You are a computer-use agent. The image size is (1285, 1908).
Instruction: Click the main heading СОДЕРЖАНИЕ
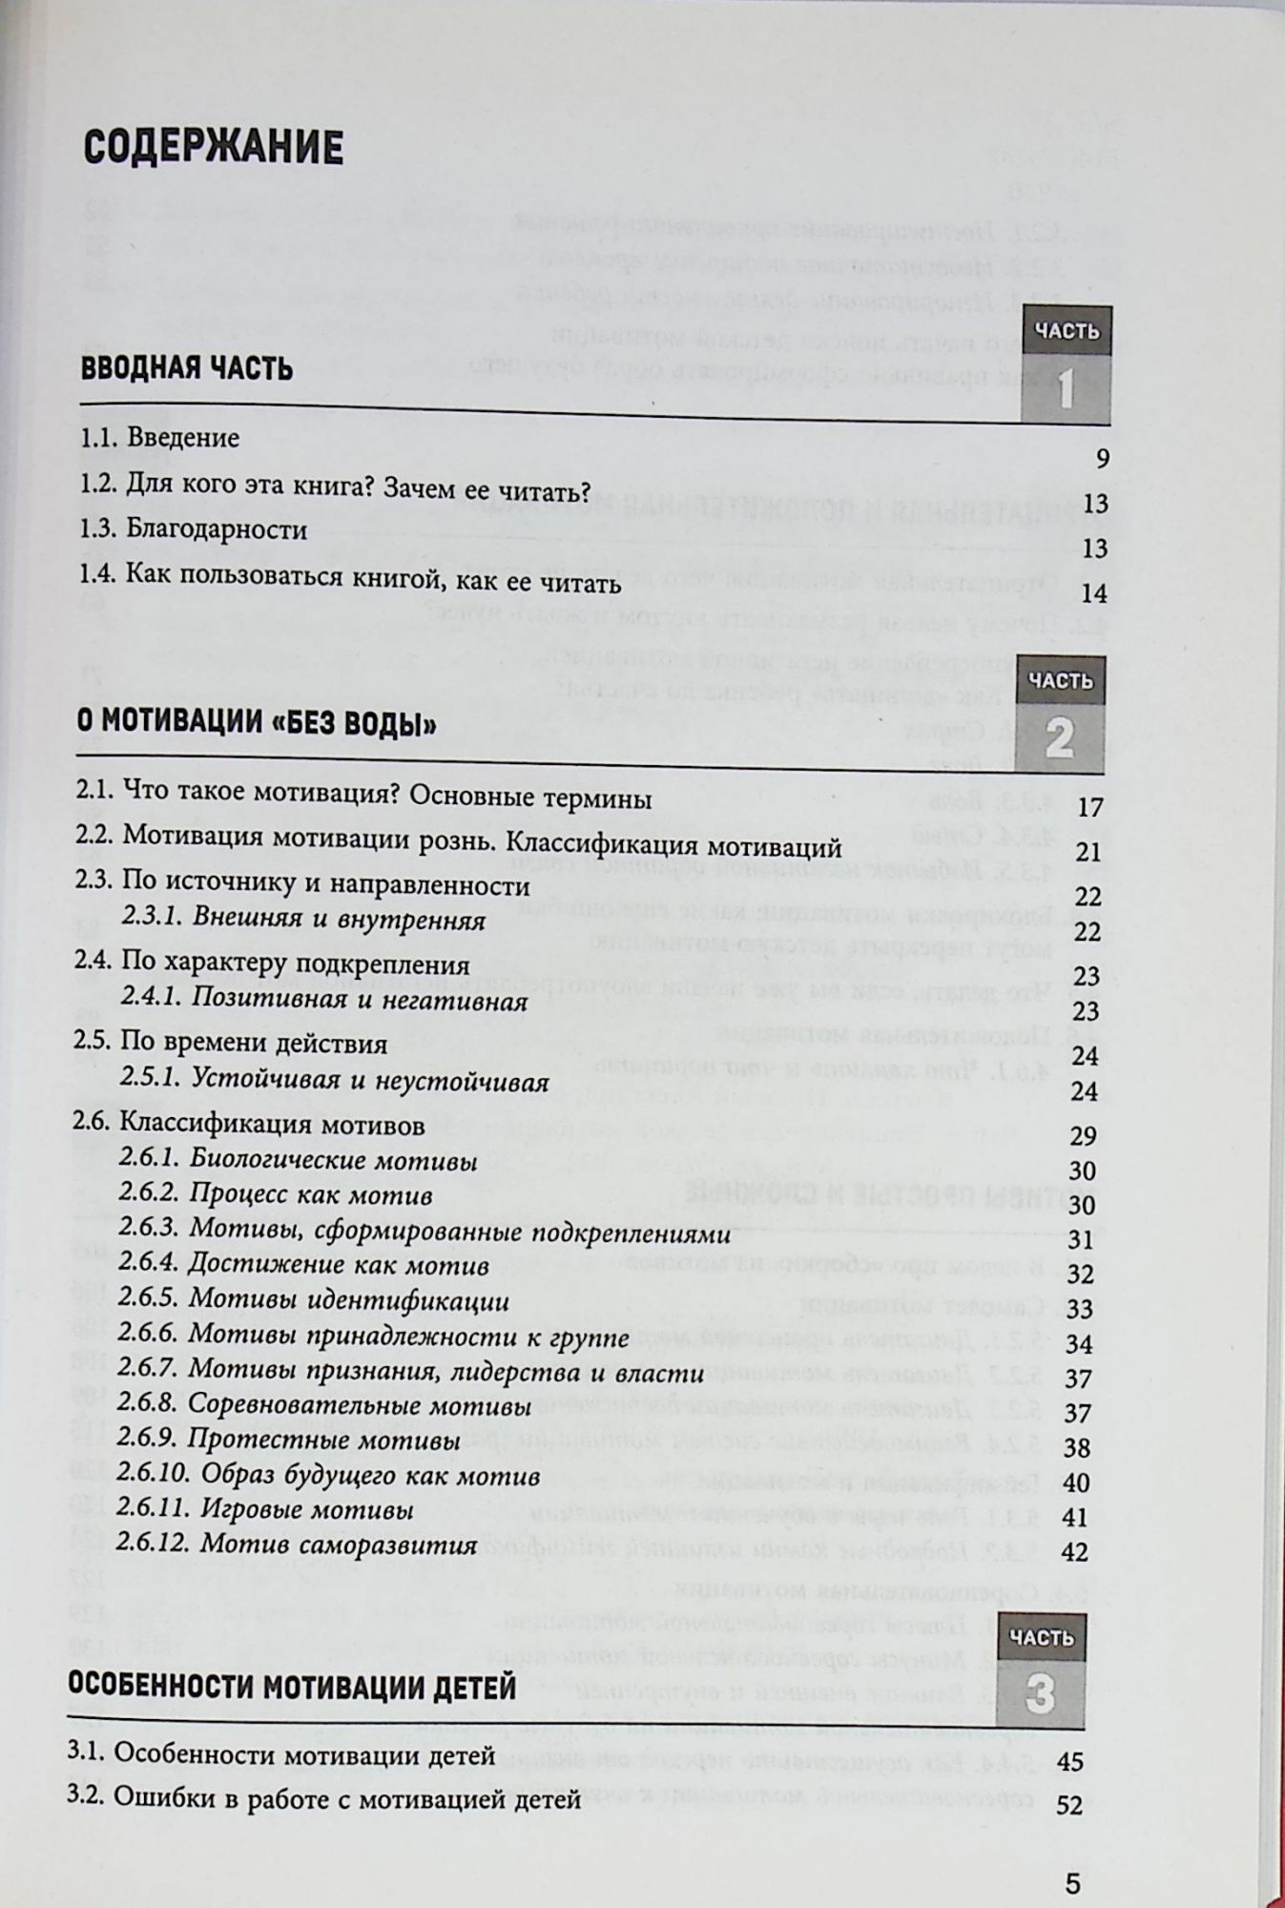point(213,148)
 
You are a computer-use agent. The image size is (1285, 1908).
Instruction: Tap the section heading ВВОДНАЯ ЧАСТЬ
point(186,368)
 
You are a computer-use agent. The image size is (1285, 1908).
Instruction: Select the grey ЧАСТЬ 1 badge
point(1066,365)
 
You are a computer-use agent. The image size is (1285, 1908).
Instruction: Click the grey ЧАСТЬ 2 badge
point(1060,714)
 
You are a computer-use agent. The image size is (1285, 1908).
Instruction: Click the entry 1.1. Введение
point(159,439)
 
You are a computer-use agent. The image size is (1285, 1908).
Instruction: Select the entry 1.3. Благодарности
point(193,529)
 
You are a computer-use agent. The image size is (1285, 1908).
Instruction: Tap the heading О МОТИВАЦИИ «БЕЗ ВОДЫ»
point(256,724)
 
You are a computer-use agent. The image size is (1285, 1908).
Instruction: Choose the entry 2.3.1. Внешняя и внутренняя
point(303,920)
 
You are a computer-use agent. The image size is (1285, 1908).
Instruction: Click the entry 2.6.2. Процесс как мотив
point(276,1194)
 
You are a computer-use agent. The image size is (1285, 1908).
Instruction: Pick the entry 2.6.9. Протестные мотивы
point(289,1440)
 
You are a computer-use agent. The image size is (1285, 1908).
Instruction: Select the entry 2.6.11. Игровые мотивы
point(265,1510)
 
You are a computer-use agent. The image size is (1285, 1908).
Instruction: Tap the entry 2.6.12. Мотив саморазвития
point(297,1545)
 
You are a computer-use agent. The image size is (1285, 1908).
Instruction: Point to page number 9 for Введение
point(1102,459)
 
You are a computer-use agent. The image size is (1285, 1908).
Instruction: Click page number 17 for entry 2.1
point(1089,808)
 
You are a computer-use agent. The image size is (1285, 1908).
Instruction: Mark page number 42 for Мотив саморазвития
point(1075,1552)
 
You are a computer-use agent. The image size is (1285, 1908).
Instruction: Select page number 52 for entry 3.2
point(1070,1805)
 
